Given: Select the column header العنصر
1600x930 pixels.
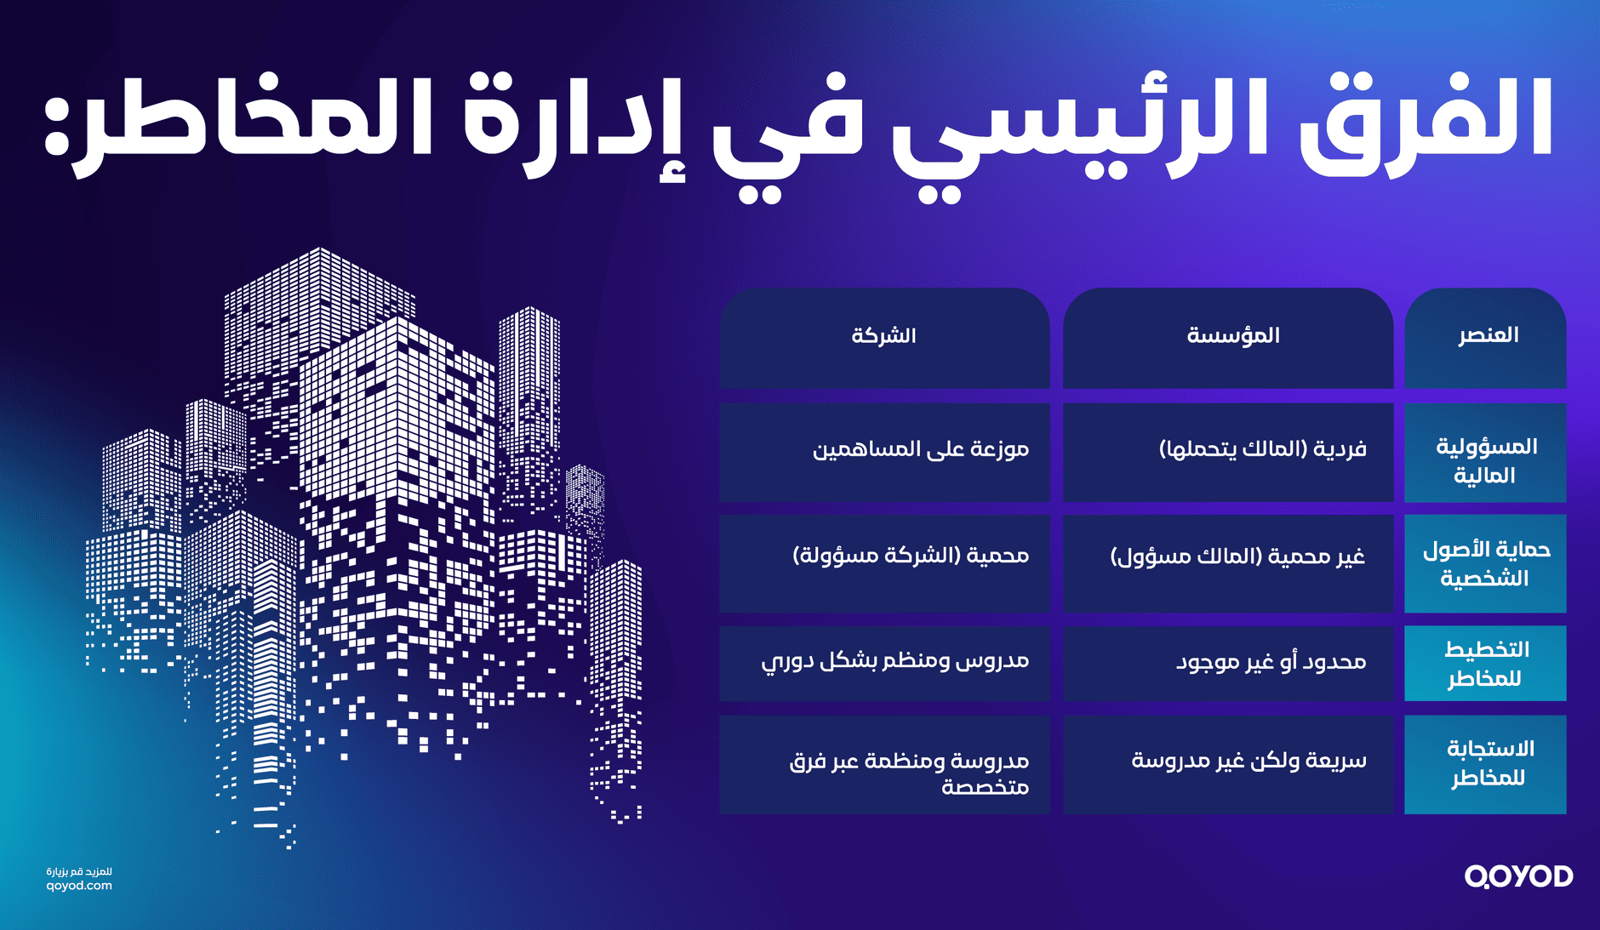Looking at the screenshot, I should coord(1488,335).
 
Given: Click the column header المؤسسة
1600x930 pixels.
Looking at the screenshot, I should coord(1233,335).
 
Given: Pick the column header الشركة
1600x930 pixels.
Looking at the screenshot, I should coord(883,335).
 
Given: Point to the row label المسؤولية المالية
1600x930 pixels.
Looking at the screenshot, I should coord(1486,460).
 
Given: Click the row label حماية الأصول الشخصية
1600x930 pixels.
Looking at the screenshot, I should coord(1486,563).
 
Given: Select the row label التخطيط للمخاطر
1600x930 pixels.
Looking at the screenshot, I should coord(1486,664).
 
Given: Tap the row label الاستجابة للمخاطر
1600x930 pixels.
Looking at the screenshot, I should coord(1489,763).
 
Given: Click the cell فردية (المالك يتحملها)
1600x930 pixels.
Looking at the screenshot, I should coord(1262,448).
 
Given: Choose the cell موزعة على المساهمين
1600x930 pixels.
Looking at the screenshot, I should coord(920,448).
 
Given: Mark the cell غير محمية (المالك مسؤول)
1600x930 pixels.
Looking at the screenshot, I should coord(1237,556).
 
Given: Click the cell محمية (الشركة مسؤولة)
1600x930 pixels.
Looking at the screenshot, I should coord(911,556).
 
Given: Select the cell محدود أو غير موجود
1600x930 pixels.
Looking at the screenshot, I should coord(1271,661).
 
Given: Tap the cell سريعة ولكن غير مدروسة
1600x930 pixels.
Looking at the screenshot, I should coord(1249,760).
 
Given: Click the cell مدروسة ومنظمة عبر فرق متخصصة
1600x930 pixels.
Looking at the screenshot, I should coord(909,773).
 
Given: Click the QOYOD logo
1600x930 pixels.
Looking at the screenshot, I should coord(1518,876).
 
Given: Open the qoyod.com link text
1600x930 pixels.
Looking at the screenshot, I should coord(79,886).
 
